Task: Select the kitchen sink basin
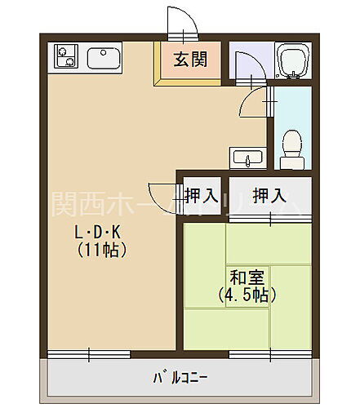pyautogui.click(x=104, y=58)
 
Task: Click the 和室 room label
pyautogui.click(x=244, y=277)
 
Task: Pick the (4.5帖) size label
pyautogui.click(x=244, y=295)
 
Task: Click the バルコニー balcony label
pyautogui.click(x=180, y=379)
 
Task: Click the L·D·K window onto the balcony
pyautogui.click(x=89, y=353)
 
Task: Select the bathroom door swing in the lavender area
pyautogui.click(x=246, y=65)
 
